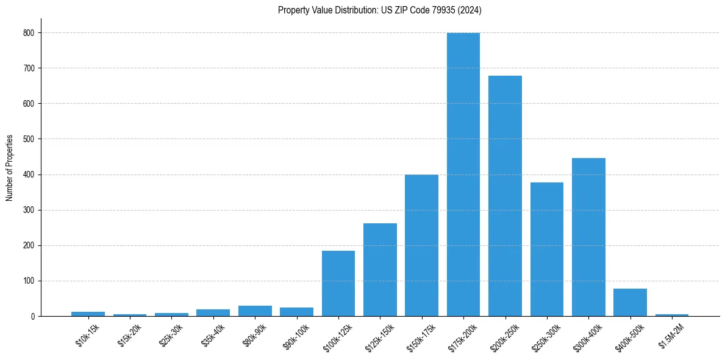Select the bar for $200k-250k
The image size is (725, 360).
click(x=505, y=196)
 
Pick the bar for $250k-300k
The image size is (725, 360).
click(x=547, y=249)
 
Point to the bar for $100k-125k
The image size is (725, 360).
click(x=338, y=283)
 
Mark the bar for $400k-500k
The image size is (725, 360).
click(x=630, y=303)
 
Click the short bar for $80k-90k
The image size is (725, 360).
click(x=255, y=311)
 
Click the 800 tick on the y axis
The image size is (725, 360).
click(x=29, y=32)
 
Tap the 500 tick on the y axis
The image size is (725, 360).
click(x=29, y=139)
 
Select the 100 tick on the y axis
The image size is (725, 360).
click(x=29, y=281)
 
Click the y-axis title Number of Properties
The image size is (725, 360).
click(x=9, y=168)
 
